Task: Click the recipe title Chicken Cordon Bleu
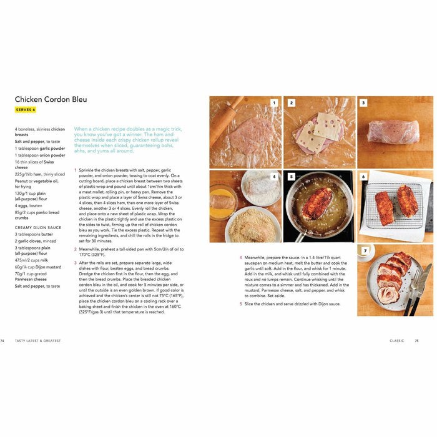(51, 99)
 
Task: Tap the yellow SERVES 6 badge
(26, 110)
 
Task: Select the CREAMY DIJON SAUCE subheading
(39, 227)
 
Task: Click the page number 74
(2, 341)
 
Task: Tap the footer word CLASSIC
(396, 341)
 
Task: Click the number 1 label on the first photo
(273, 103)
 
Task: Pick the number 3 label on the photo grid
(363, 103)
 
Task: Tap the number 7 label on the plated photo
(365, 251)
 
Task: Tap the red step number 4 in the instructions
(241, 257)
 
